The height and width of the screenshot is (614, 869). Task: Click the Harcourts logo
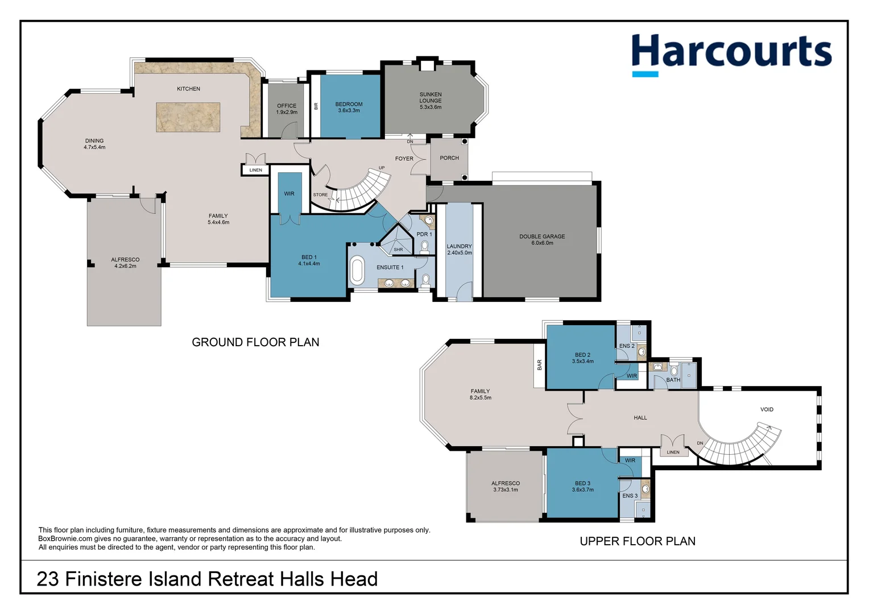pyautogui.click(x=731, y=53)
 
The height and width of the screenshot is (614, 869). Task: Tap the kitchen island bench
pyautogui.click(x=188, y=117)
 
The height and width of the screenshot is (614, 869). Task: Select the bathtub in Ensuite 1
pyautogui.click(x=357, y=271)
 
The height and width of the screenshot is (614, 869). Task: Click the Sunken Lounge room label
pyautogui.click(x=431, y=101)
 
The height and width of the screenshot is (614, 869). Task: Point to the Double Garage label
pyautogui.click(x=542, y=239)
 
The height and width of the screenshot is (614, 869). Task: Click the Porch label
pyautogui.click(x=449, y=158)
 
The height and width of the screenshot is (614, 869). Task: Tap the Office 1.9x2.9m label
pyautogui.click(x=287, y=109)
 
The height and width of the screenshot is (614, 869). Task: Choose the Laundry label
pyautogui.click(x=459, y=249)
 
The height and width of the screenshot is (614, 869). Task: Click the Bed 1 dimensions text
pyautogui.click(x=309, y=264)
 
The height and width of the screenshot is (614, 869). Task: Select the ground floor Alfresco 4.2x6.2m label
pyautogui.click(x=125, y=263)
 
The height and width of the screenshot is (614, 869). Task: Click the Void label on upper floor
pyautogui.click(x=767, y=409)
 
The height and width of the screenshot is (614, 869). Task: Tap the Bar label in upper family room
pyautogui.click(x=539, y=365)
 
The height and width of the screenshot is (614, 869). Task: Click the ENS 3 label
pyautogui.click(x=630, y=496)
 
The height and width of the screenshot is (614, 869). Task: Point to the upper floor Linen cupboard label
pyautogui.click(x=673, y=453)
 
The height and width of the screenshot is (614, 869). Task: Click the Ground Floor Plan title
pyautogui.click(x=255, y=342)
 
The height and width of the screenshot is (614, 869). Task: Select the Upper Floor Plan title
pyautogui.click(x=637, y=541)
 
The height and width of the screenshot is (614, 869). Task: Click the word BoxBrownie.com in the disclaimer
pyautogui.click(x=65, y=539)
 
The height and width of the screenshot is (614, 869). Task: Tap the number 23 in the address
pyautogui.click(x=48, y=579)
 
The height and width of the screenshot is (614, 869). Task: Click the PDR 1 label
pyautogui.click(x=424, y=234)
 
